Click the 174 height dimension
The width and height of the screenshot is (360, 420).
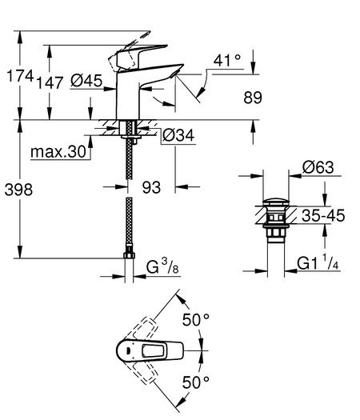(x=20, y=76)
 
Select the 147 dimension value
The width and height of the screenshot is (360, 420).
(x=50, y=82)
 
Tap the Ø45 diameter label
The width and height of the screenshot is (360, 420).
(x=86, y=80)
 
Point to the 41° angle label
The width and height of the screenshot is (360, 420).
(x=227, y=60)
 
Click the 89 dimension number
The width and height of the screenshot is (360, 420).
(x=253, y=98)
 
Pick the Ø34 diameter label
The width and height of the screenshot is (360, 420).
(x=178, y=135)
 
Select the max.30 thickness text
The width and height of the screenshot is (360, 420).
(x=58, y=152)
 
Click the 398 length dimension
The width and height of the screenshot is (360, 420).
(x=18, y=190)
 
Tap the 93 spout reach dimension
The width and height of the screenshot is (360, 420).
(x=151, y=187)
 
